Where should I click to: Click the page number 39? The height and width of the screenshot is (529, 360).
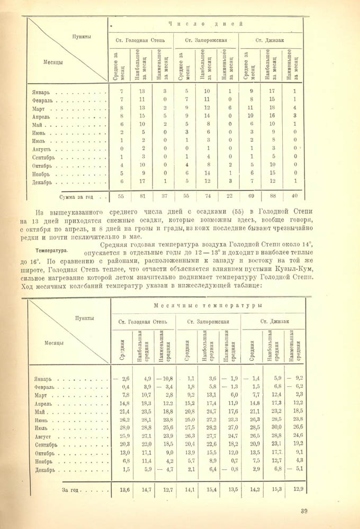click(303, 510)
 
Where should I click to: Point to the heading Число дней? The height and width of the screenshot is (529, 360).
click(205, 24)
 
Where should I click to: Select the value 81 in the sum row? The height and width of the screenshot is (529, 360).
click(142, 196)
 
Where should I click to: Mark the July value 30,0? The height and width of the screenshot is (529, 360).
click(274, 413)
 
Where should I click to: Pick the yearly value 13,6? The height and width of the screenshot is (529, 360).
click(125, 489)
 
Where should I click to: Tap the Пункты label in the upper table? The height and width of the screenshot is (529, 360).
click(83, 37)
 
